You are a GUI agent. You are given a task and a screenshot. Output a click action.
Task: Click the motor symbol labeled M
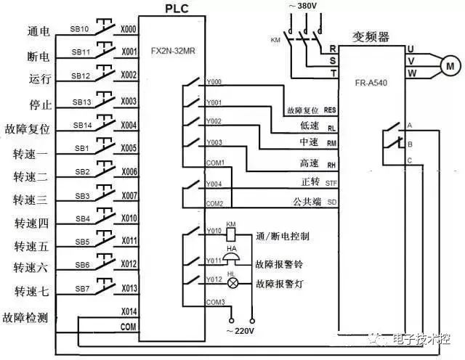[x=448, y=65]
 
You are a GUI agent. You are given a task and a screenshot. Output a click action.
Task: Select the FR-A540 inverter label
[x=370, y=83]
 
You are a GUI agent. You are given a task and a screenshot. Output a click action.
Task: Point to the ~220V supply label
[x=242, y=331]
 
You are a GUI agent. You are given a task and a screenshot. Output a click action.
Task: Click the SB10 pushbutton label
[x=81, y=30]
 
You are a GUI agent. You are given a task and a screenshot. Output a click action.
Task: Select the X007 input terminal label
[x=129, y=196]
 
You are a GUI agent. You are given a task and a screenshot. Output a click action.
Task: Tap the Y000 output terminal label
[x=214, y=82]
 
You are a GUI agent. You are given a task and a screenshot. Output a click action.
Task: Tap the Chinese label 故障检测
[x=27, y=317]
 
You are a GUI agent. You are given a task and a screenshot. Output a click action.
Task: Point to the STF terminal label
[x=331, y=181]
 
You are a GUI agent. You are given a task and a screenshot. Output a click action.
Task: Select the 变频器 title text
[x=371, y=35]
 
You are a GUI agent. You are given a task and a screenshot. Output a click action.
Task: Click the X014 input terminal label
[x=129, y=311]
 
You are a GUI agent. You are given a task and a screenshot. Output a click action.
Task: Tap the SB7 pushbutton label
[x=82, y=289]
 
